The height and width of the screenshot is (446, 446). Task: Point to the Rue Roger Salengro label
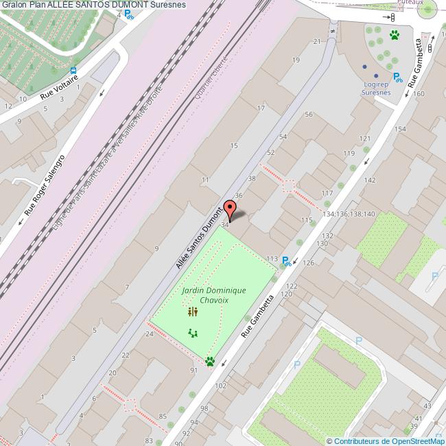45,183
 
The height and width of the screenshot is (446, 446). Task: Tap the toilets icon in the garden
193,312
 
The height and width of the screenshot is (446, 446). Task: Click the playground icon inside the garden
193,333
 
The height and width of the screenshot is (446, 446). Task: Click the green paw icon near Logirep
395,34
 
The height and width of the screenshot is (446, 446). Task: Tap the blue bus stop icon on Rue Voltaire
73,70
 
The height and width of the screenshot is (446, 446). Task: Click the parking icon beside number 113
286,260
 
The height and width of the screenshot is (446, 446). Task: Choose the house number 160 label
419,93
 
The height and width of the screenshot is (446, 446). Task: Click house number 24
149,334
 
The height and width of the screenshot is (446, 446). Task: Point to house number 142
370,180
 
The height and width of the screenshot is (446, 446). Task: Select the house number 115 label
307,220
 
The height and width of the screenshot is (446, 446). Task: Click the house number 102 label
220,386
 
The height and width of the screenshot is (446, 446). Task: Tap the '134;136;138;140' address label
349,214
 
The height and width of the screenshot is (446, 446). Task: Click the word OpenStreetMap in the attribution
416,441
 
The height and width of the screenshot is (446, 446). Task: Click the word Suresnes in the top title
167,5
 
